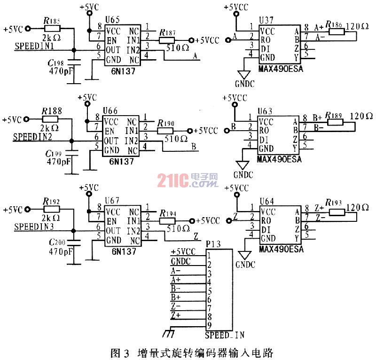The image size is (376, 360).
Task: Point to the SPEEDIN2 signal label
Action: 31,136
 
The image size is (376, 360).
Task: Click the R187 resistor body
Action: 168,40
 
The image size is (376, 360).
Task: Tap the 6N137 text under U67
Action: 124,252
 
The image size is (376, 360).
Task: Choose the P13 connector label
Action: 213,243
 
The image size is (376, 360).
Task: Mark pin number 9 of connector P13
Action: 209,324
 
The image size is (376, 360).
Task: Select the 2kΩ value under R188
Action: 50,128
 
